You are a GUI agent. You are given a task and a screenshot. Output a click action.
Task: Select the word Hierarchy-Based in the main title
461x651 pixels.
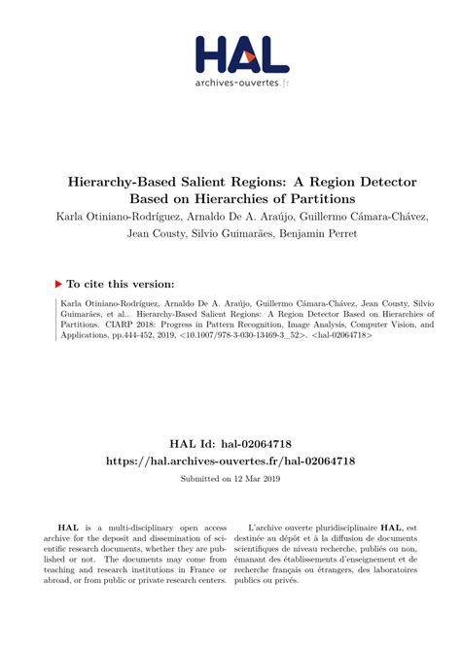(x=122, y=182)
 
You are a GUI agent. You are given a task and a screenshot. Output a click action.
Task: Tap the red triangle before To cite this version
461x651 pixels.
(x=58, y=284)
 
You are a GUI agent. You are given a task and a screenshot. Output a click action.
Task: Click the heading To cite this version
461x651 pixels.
(x=121, y=284)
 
